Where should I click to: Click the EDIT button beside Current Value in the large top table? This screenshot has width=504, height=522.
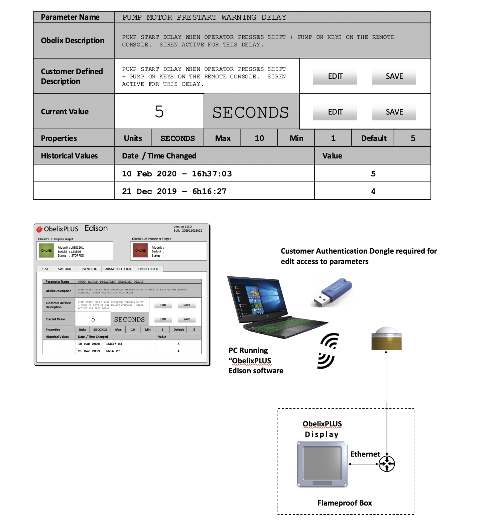(335, 112)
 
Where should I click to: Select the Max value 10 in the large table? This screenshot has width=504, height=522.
(259, 138)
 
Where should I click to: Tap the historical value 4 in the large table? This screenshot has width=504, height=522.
(373, 191)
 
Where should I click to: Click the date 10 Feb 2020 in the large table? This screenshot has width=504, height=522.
(149, 174)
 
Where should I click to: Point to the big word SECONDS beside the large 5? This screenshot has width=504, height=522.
(251, 112)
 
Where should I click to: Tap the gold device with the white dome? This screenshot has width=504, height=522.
(386, 339)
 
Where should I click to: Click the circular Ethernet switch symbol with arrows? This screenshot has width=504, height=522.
(387, 464)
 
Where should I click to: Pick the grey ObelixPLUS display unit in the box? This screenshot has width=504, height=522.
(322, 464)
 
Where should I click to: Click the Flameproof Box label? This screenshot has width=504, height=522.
(345, 503)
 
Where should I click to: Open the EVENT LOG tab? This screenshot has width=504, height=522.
(89, 269)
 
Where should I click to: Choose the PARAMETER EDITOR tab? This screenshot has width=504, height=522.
(117, 269)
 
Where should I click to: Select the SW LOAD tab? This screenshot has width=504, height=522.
(65, 269)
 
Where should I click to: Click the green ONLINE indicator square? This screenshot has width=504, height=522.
(46, 251)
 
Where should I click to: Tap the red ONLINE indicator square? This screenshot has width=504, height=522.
(140, 251)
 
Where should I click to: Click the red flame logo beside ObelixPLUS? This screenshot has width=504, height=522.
(40, 229)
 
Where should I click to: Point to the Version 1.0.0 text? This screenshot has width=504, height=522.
(182, 227)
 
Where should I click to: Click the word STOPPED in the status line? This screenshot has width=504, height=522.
(78, 256)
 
